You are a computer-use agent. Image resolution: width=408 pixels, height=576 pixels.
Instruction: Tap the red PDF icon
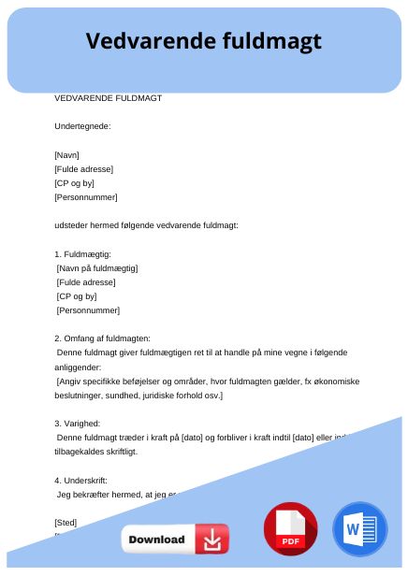[291, 529]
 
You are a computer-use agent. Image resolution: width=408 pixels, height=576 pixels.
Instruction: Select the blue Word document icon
[359, 529]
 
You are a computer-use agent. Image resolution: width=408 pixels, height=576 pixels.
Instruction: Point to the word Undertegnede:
[82, 126]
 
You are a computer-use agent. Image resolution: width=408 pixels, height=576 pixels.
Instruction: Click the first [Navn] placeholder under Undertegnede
[67, 155]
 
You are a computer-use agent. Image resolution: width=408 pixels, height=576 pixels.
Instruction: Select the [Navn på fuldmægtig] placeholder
[97, 268]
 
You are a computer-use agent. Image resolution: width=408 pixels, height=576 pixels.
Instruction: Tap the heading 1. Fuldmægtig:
[82, 254]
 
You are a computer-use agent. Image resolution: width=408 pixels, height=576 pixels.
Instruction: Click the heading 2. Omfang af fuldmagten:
[102, 338]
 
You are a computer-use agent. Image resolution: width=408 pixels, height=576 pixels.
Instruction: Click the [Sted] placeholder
[66, 522]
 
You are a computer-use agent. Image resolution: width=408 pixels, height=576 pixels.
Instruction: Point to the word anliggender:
[81, 367]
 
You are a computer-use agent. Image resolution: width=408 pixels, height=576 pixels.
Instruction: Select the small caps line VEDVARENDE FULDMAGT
[108, 97]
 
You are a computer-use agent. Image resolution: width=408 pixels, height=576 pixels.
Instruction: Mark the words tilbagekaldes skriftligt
[95, 452]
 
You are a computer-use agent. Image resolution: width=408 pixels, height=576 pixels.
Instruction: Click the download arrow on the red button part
[212, 540]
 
